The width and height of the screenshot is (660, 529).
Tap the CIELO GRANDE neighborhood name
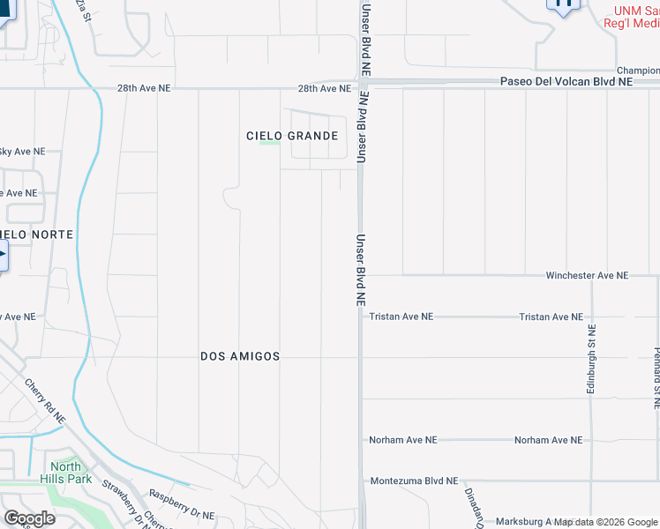pyautogui.click(x=291, y=136)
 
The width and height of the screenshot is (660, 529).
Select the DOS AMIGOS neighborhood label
pyautogui.click(x=240, y=356)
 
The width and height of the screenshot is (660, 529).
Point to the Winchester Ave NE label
pyautogui.click(x=586, y=275)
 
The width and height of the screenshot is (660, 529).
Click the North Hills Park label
pyautogui.click(x=65, y=473)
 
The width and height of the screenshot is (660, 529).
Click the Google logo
pyautogui.click(x=28, y=518)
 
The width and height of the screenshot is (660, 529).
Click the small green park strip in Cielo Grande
pyautogui.click(x=270, y=143)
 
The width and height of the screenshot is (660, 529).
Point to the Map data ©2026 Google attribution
pyautogui.click(x=605, y=522)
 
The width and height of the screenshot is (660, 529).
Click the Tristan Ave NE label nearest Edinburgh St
pyautogui.click(x=551, y=317)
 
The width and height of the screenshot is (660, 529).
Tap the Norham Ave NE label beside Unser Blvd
pyautogui.click(x=402, y=439)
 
